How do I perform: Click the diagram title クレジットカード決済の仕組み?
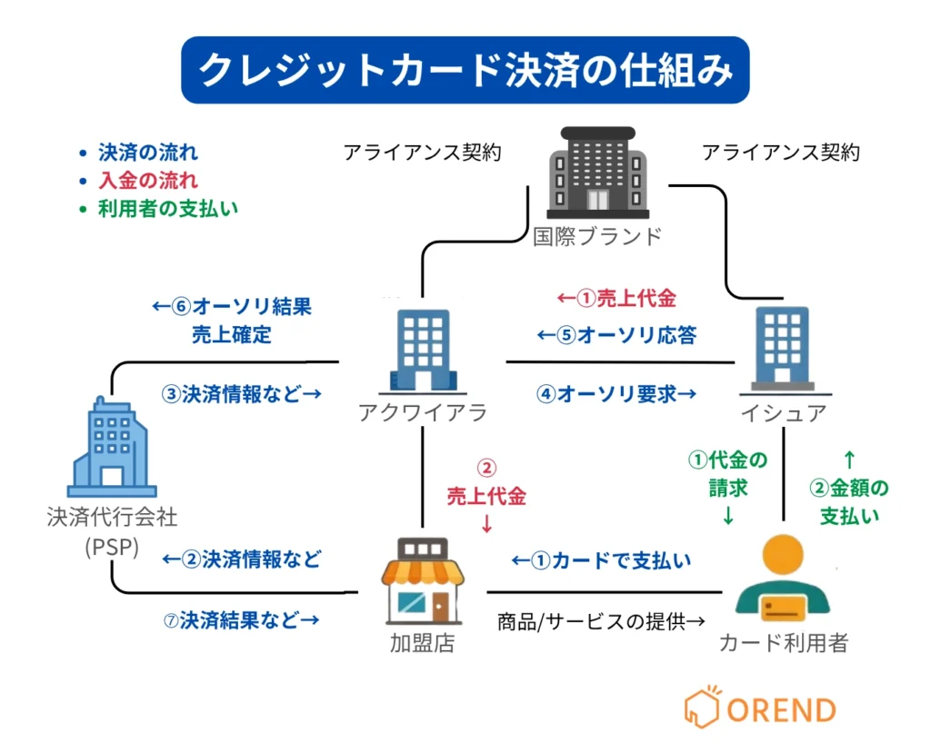coord(465,70)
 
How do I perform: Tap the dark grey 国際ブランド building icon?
coord(597,172)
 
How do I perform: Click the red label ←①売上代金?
coord(616,298)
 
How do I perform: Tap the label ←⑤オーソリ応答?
coord(616,335)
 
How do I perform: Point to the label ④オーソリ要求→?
coord(616,394)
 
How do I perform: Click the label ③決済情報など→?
coord(242,394)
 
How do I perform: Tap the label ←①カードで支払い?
coord(600,560)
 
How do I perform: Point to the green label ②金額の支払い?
coord(849,502)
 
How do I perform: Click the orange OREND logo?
coord(760,707)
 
